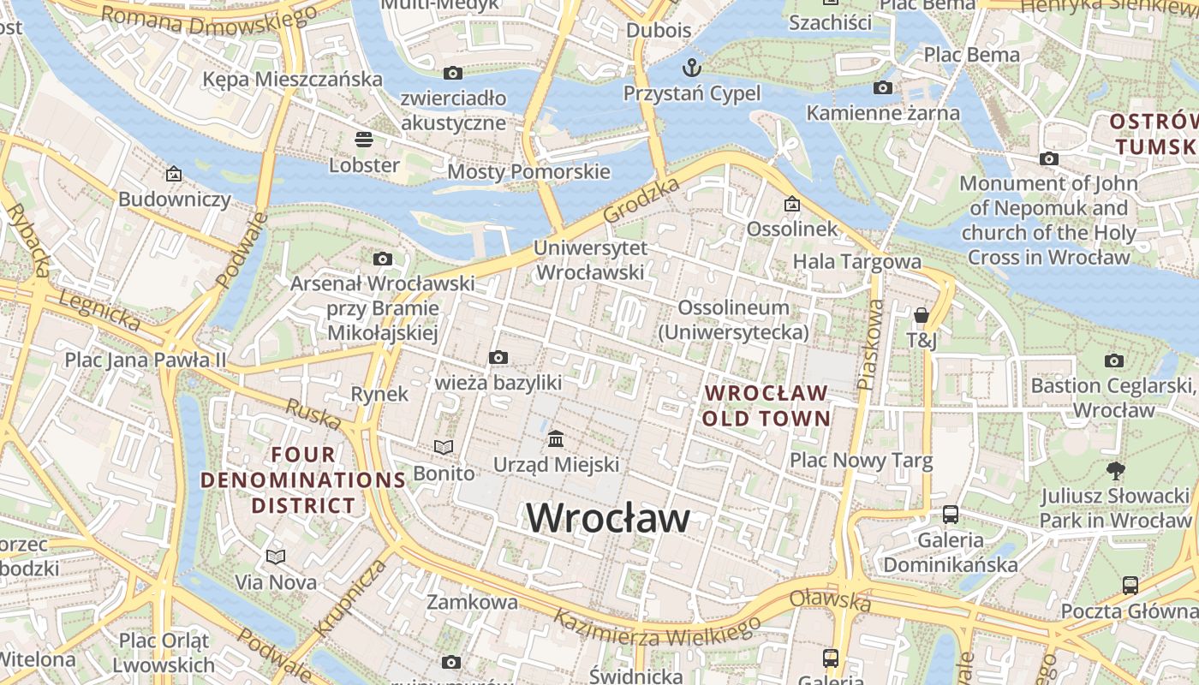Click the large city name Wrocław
pos(607,518)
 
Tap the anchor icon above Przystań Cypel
pos(691,67)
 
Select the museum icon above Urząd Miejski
pos(556,439)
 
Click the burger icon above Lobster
pos(364,139)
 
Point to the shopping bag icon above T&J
pos(922,315)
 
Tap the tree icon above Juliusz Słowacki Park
pos(1115,469)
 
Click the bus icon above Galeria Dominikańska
pos(951,515)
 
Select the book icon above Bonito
pos(443,447)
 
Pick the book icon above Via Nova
pos(275,557)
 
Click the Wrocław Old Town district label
pos(767,406)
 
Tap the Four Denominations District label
pos(303,479)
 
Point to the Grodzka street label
pos(641,200)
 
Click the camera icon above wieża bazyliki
pos(498,357)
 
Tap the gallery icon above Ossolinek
pos(791,204)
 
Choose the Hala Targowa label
pos(856,261)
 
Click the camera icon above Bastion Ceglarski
pos(1113,360)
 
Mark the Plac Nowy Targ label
pos(861,461)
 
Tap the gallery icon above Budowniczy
pos(174,174)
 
